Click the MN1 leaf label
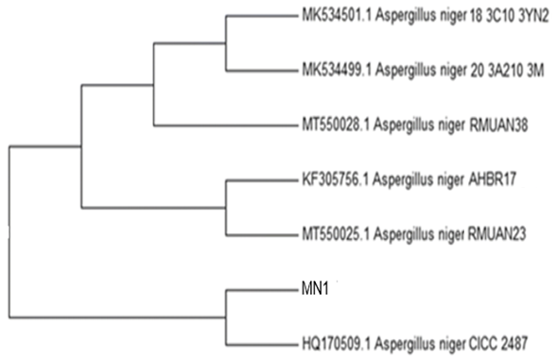pyautogui.click(x=315, y=289)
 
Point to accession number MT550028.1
pyautogui.click(x=336, y=125)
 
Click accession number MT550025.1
pyautogui.click(x=336, y=234)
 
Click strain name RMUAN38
pyautogui.click(x=498, y=125)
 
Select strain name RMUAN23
pyautogui.click(x=497, y=234)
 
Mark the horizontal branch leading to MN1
pyautogui.click(x=261, y=290)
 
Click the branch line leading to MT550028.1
pyautogui.click(x=225, y=125)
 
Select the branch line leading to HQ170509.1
pyautogui.click(x=261, y=344)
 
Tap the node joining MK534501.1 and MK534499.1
pyautogui.click(x=226, y=43)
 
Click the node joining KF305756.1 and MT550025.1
pyautogui.click(x=226, y=208)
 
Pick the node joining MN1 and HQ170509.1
pyautogui.click(x=226, y=317)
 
